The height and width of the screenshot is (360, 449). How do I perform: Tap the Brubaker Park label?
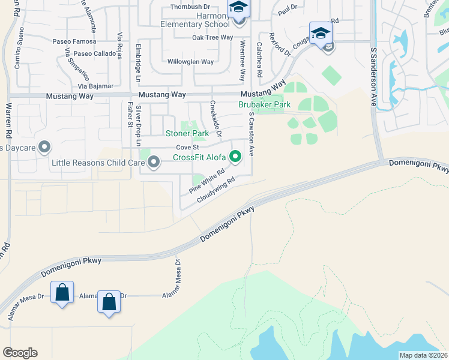pos(264,104)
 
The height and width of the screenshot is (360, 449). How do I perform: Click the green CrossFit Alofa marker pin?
pos(236,158)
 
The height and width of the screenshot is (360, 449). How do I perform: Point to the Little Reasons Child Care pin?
pos(154,162)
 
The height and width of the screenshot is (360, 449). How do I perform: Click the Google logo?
pos(20,353)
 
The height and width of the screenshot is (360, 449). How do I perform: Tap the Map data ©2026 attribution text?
pos(423,355)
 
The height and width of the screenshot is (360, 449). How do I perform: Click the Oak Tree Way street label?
pos(212,37)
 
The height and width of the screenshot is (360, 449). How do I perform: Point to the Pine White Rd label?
pos(206,180)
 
